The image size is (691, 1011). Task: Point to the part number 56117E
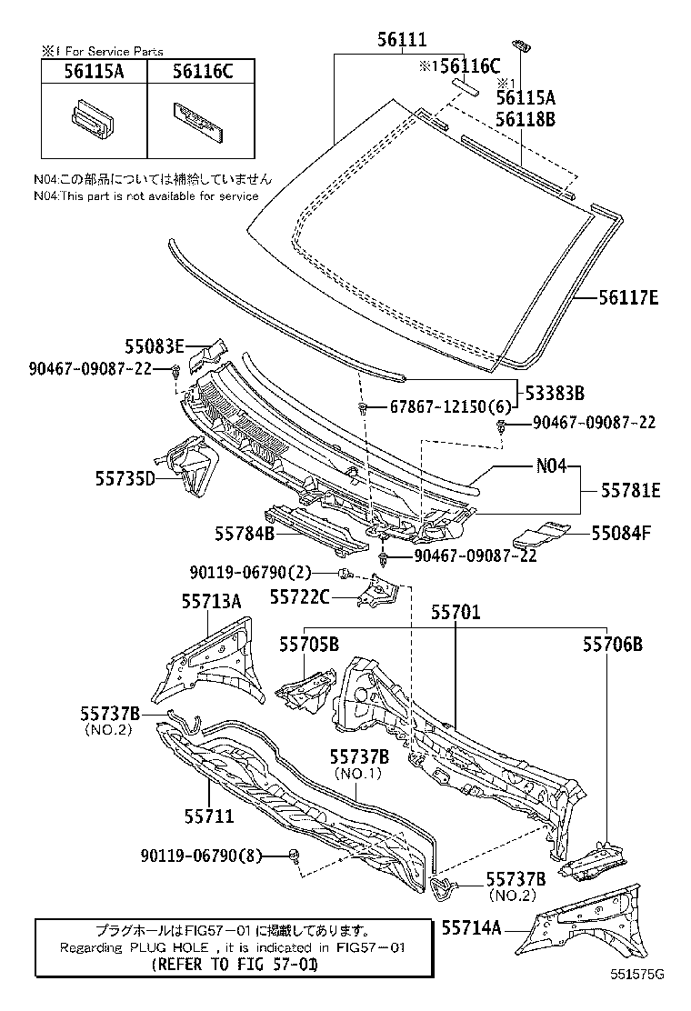pyautogui.click(x=628, y=297)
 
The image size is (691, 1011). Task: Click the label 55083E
pyautogui.click(x=155, y=345)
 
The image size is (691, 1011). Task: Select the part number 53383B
pyautogui.click(x=554, y=393)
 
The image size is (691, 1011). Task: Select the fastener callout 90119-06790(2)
pyautogui.click(x=251, y=572)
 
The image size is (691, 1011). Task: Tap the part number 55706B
pyautogui.click(x=613, y=644)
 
